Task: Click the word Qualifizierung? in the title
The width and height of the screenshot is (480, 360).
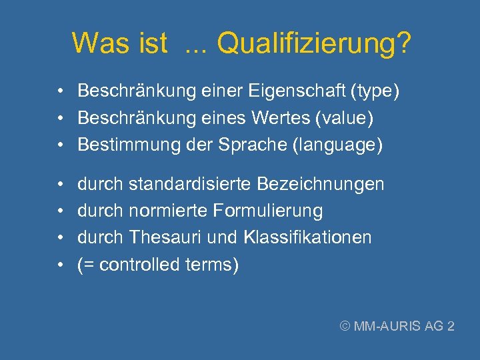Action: click(x=314, y=44)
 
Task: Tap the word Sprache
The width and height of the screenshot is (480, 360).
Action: click(x=253, y=145)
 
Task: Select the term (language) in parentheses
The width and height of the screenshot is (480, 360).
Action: click(x=337, y=145)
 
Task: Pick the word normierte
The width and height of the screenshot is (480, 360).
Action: click(x=167, y=211)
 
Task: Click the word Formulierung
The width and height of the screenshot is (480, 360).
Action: click(x=268, y=211)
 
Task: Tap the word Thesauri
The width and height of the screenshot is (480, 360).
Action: click(x=167, y=237)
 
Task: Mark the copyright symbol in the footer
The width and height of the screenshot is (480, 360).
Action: click(x=345, y=326)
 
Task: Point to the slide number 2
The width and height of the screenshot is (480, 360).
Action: click(x=451, y=326)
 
